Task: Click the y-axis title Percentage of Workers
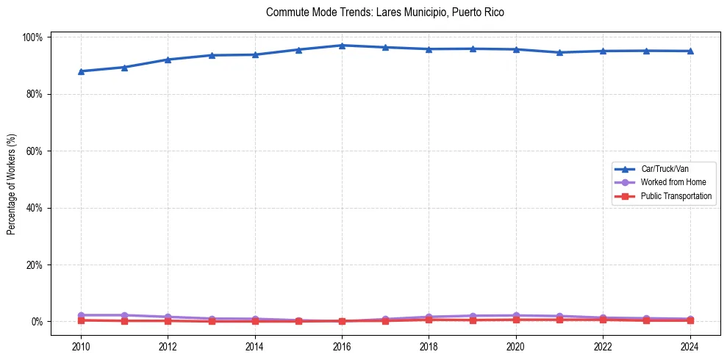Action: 11,179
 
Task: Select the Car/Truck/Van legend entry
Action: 664,169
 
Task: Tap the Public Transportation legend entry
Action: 676,196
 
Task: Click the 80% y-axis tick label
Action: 35,94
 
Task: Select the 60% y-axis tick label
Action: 35,151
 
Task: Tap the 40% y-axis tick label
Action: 35,208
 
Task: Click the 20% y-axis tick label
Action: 35,264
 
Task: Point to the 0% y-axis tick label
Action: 37,322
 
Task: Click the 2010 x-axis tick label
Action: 81,347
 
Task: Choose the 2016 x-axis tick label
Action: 342,347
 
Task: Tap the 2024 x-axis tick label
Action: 690,347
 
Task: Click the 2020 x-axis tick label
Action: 516,347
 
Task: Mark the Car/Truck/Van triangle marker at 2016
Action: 342,46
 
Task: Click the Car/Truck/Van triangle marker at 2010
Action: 81,71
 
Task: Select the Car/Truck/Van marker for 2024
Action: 690,51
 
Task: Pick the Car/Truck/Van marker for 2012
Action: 168,60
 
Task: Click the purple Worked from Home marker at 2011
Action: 124,315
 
